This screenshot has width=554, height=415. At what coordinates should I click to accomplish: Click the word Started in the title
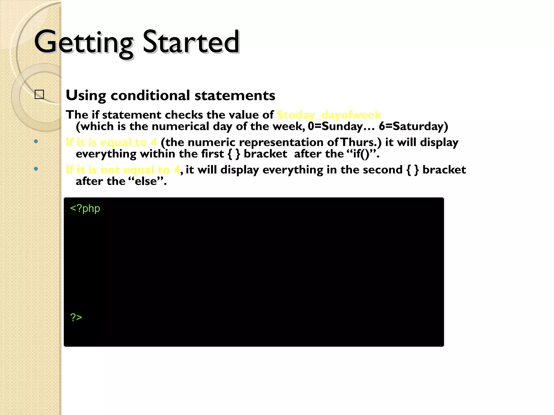click(191, 42)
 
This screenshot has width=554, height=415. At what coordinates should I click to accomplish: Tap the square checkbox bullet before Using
click(39, 95)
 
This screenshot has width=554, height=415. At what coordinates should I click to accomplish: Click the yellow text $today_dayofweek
click(329, 115)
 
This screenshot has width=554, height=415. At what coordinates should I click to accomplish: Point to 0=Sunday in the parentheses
click(335, 126)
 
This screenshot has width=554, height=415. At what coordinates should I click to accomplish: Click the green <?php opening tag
click(85, 209)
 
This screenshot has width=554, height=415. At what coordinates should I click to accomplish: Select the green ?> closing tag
click(76, 317)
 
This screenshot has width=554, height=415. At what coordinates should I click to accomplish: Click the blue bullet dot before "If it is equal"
click(36, 142)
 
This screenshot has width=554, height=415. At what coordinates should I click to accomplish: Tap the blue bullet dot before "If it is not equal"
click(36, 169)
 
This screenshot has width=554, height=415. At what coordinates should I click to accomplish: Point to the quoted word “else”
click(146, 181)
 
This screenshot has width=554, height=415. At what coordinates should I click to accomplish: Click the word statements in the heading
click(235, 95)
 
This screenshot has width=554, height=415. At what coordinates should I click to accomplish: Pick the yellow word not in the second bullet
click(110, 170)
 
